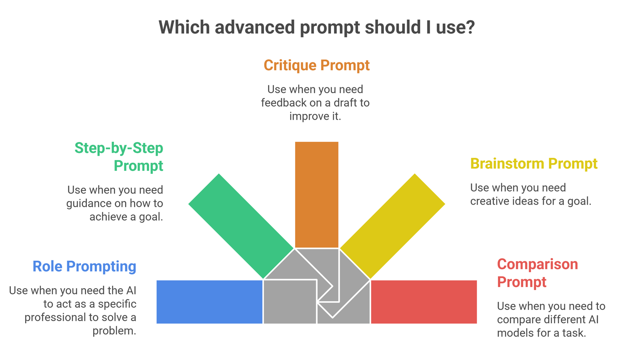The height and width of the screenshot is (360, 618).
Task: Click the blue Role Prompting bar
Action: pos(209,302)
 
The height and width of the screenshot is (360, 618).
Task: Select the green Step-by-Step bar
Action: pos(241,226)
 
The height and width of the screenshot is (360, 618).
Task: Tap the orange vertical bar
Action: pos(317,195)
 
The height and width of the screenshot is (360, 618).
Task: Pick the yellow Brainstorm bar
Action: pos(392,226)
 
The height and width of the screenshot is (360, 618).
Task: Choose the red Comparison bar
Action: pos(424,302)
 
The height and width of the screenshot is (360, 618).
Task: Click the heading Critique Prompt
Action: pos(317,66)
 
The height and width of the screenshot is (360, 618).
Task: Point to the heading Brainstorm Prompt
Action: pos(534,164)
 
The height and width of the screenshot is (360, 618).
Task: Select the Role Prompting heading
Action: pos(85,267)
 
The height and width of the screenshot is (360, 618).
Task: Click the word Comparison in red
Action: pos(537,264)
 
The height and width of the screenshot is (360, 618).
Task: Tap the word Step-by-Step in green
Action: pos(119,148)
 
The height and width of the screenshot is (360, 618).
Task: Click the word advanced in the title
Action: pos(255,27)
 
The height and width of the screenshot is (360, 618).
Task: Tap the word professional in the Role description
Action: pos(55,318)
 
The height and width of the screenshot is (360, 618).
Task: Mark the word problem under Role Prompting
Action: pos(114,331)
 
